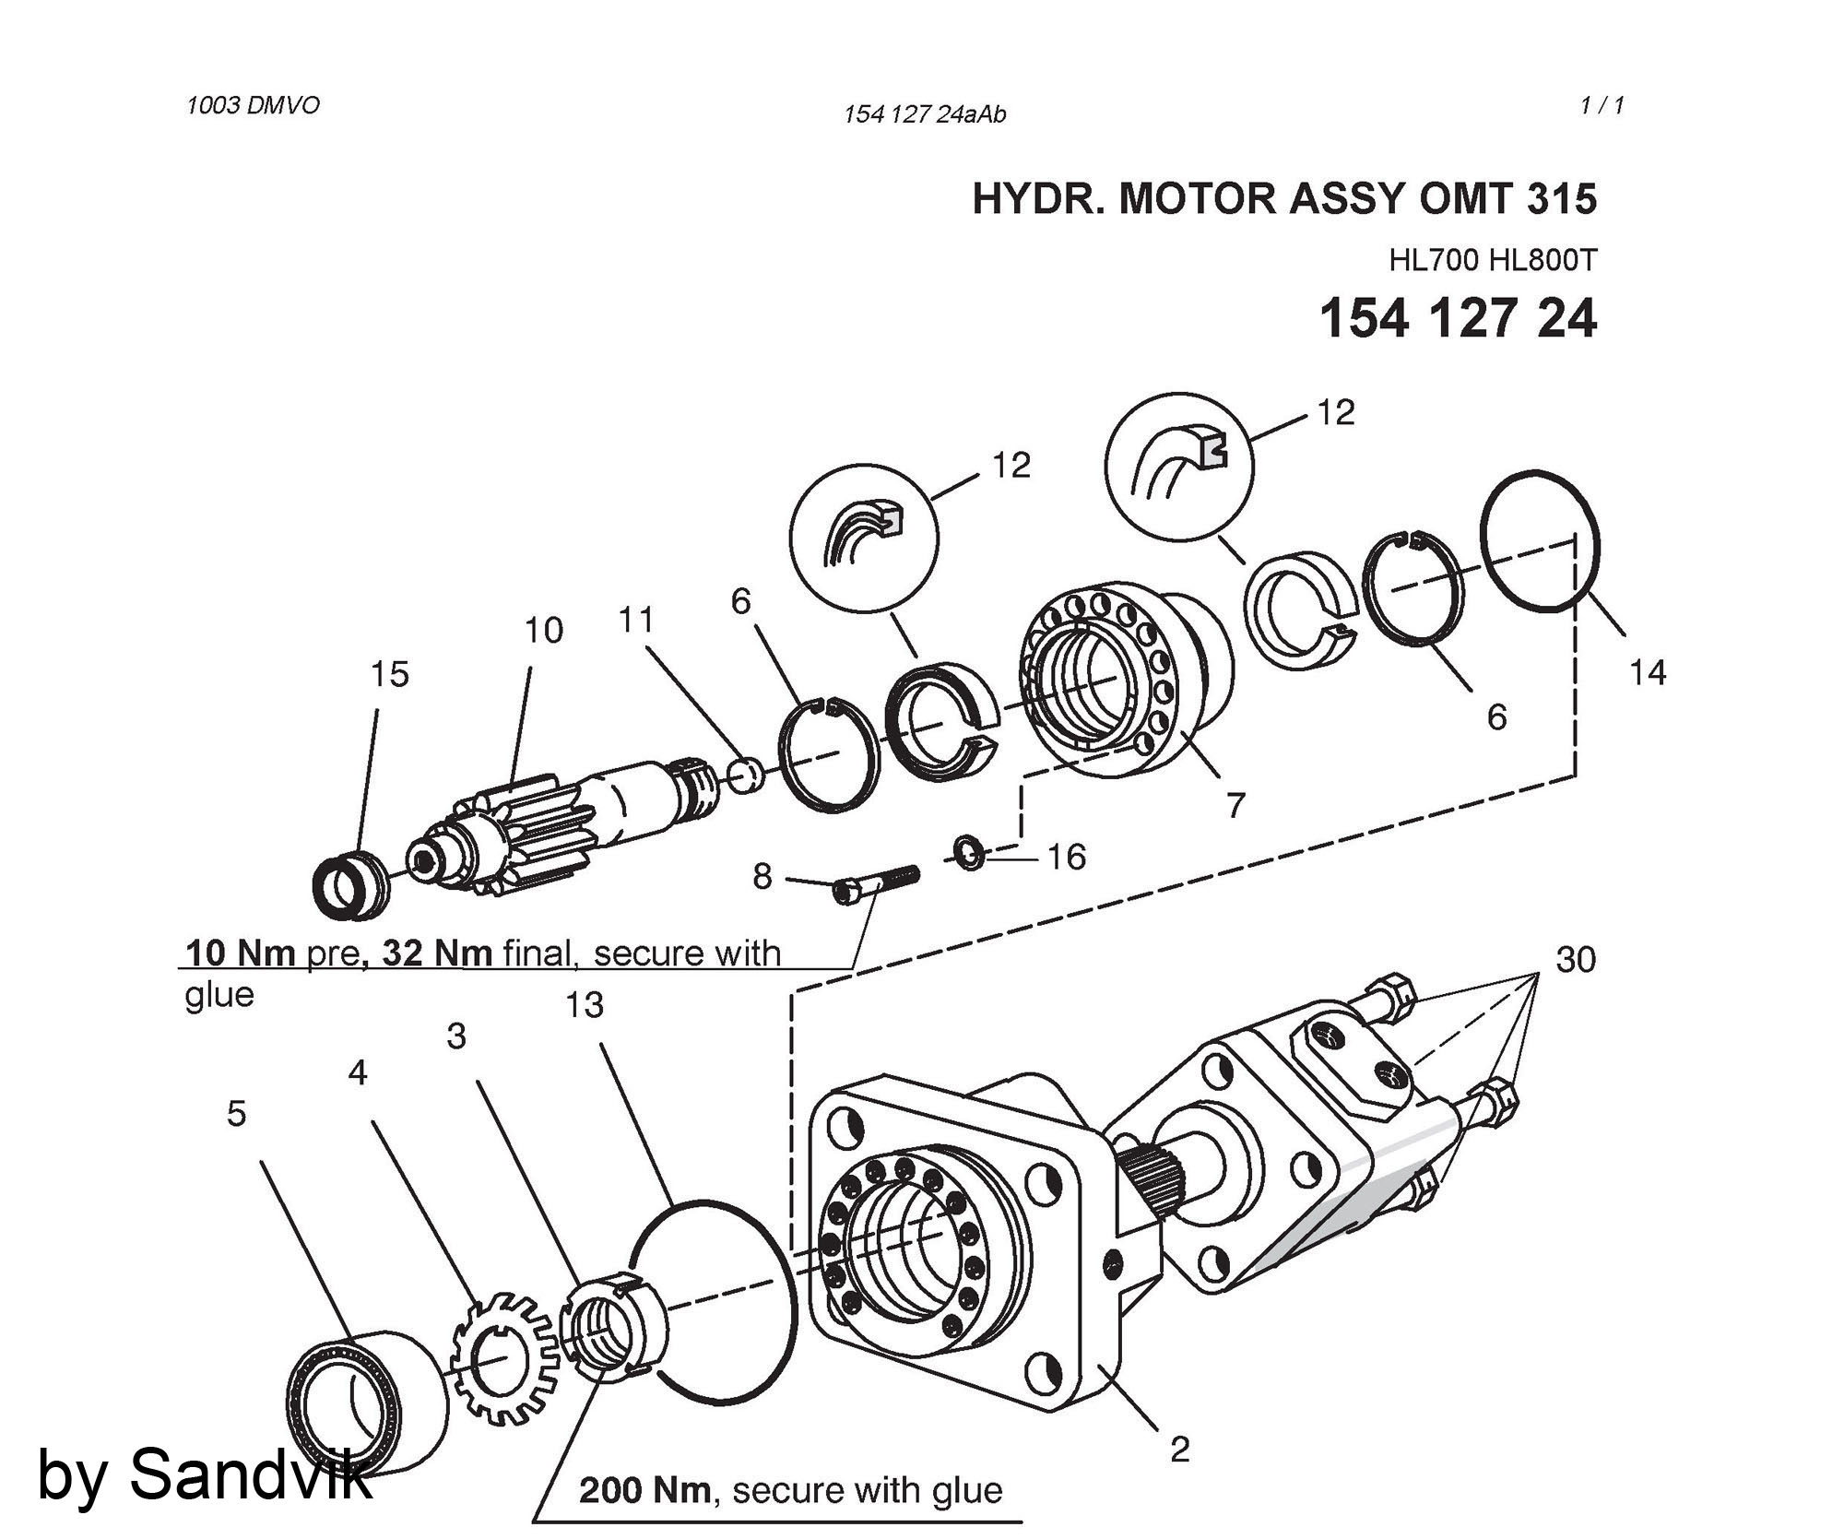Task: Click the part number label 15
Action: (389, 674)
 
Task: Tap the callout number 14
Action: (1647, 673)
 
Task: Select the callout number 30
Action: (1576, 960)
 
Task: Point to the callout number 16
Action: (1067, 858)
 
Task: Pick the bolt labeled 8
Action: (876, 883)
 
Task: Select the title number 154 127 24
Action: (1458, 319)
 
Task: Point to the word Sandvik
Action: (251, 1474)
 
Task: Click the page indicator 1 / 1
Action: (1602, 106)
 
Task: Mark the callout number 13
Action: (585, 1004)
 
